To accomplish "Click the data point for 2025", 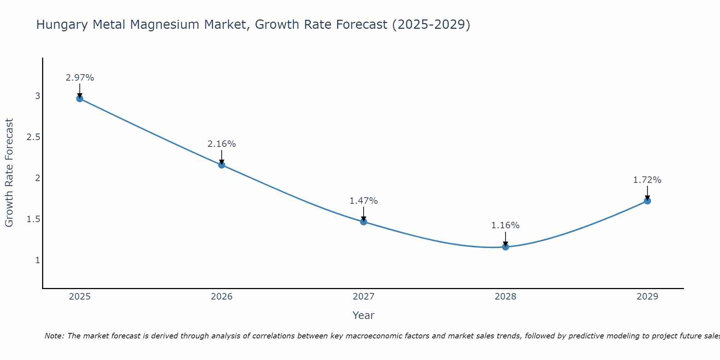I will pyautogui.click(x=80, y=99).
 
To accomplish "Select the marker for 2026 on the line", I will pyautogui.click(x=222, y=165).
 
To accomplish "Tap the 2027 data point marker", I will pyautogui.click(x=364, y=222).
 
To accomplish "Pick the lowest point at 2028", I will pyautogui.click(x=505, y=247).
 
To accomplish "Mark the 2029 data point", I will pyautogui.click(x=647, y=201).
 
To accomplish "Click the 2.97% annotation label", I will pyautogui.click(x=80, y=78).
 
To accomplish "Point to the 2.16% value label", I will pyautogui.click(x=222, y=144).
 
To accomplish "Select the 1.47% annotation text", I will pyautogui.click(x=364, y=201).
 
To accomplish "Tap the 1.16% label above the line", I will pyautogui.click(x=505, y=225).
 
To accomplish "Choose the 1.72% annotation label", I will pyautogui.click(x=647, y=180).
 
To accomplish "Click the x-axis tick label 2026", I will pyautogui.click(x=222, y=297).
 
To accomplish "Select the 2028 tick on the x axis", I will pyautogui.click(x=505, y=297).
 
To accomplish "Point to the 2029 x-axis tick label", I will pyautogui.click(x=647, y=297).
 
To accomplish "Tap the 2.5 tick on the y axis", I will pyautogui.click(x=33, y=137).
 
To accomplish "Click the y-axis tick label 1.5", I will pyautogui.click(x=33, y=219).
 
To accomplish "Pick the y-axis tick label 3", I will pyautogui.click(x=37, y=96).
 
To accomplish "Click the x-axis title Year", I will pyautogui.click(x=364, y=315).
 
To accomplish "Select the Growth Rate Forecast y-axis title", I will pyautogui.click(x=9, y=173).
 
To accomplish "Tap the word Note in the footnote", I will pyautogui.click(x=54, y=336).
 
